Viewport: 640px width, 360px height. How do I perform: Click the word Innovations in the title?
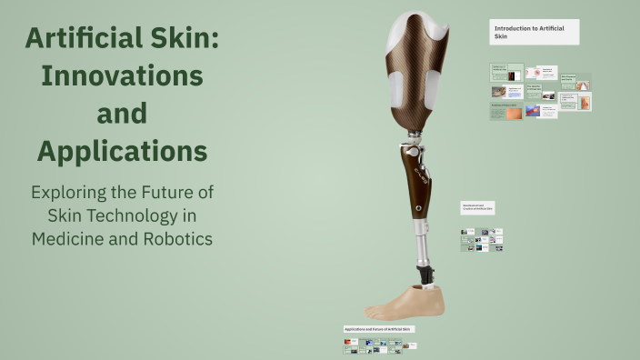[x=122, y=75]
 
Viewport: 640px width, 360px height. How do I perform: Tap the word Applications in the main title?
[x=122, y=150]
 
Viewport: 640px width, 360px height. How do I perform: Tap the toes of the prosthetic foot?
[x=376, y=309]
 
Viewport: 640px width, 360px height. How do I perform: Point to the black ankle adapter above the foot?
[x=425, y=272]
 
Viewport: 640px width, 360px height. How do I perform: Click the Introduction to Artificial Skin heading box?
[x=534, y=33]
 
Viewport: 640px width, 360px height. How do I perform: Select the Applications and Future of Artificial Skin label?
[x=378, y=328]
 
